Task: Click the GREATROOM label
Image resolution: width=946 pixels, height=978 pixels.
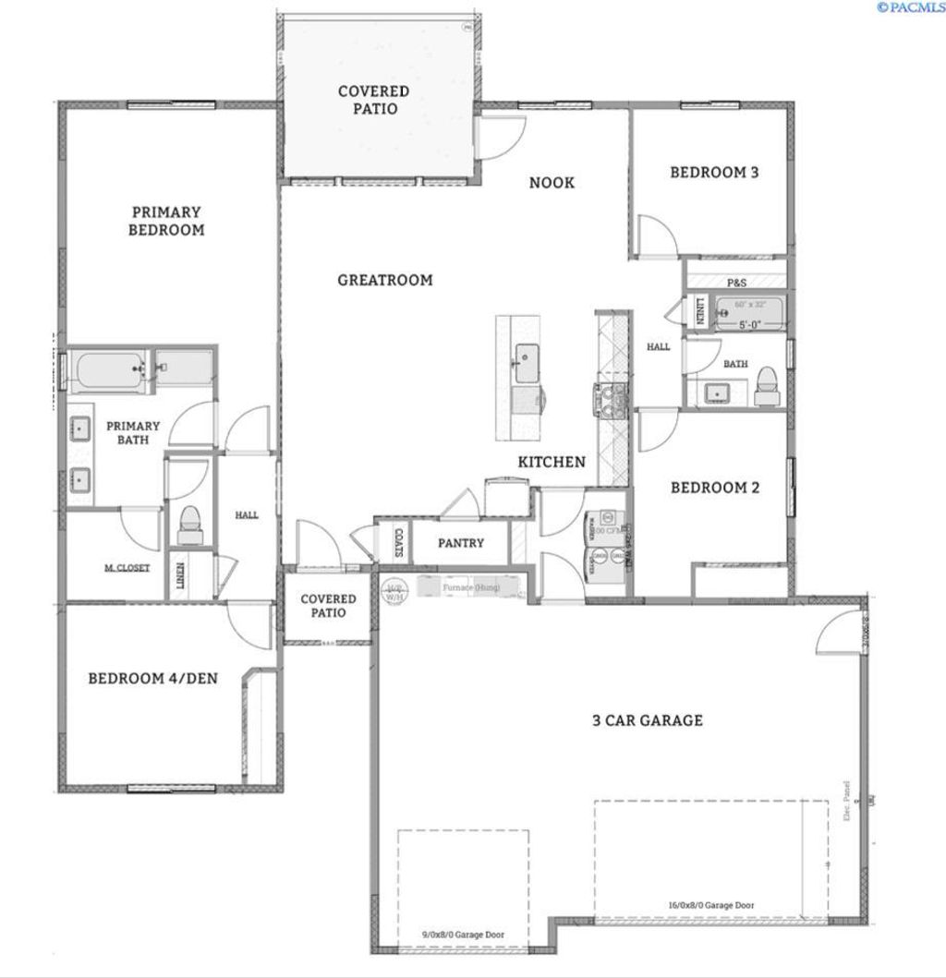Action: click(384, 280)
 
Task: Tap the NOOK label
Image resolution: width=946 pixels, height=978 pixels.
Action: click(552, 183)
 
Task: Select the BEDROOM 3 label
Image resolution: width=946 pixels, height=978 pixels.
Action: click(714, 172)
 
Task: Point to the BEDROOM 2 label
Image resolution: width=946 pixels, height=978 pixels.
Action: click(714, 488)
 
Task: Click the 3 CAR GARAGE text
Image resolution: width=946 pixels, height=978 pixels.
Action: click(647, 720)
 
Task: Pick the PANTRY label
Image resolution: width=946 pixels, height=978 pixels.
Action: click(461, 543)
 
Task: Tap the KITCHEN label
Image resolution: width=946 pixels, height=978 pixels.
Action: click(552, 462)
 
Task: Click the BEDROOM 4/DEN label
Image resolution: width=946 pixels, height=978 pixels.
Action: click(153, 679)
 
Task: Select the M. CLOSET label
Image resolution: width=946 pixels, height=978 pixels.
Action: click(127, 568)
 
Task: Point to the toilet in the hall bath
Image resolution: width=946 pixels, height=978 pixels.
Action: click(766, 386)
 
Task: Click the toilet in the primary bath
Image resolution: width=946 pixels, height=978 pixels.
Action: click(189, 523)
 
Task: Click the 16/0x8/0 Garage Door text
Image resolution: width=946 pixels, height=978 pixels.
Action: click(709, 906)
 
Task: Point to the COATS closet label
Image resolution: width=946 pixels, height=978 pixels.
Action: click(398, 543)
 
